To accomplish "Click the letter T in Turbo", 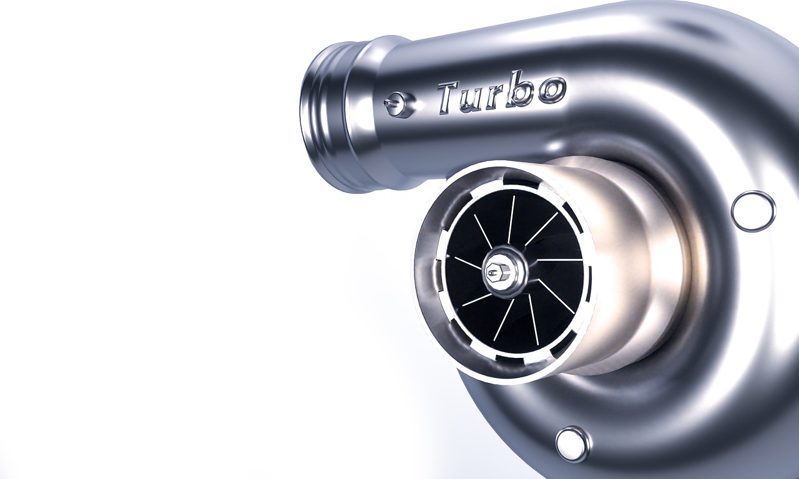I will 451,98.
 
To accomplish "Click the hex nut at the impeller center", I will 504,272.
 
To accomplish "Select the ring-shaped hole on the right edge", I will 753,211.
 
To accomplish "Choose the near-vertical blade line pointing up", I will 511,219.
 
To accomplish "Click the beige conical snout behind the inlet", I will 630,262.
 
